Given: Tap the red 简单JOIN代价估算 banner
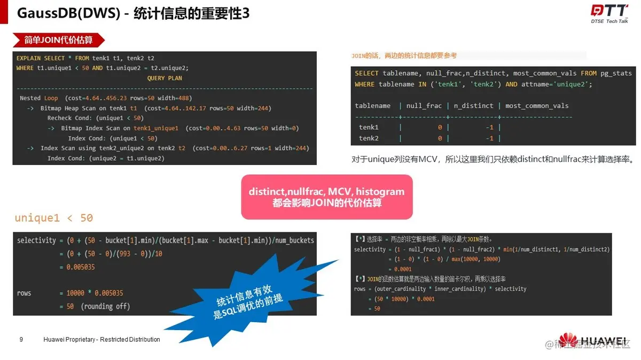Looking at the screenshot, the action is point(59,40).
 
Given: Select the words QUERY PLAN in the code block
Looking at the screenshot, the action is point(165,78).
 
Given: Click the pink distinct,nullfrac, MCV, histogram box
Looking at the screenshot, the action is point(326,197).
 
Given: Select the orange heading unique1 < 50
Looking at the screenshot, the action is point(53,217).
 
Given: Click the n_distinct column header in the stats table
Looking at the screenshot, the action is point(472,106).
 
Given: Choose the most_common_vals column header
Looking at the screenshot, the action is point(537,106).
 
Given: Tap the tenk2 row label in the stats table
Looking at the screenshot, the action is point(369,138).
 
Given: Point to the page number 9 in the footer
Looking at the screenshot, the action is point(21,340).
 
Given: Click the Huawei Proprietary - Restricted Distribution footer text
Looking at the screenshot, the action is point(101,340).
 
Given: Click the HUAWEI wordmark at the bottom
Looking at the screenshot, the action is point(604,342).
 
